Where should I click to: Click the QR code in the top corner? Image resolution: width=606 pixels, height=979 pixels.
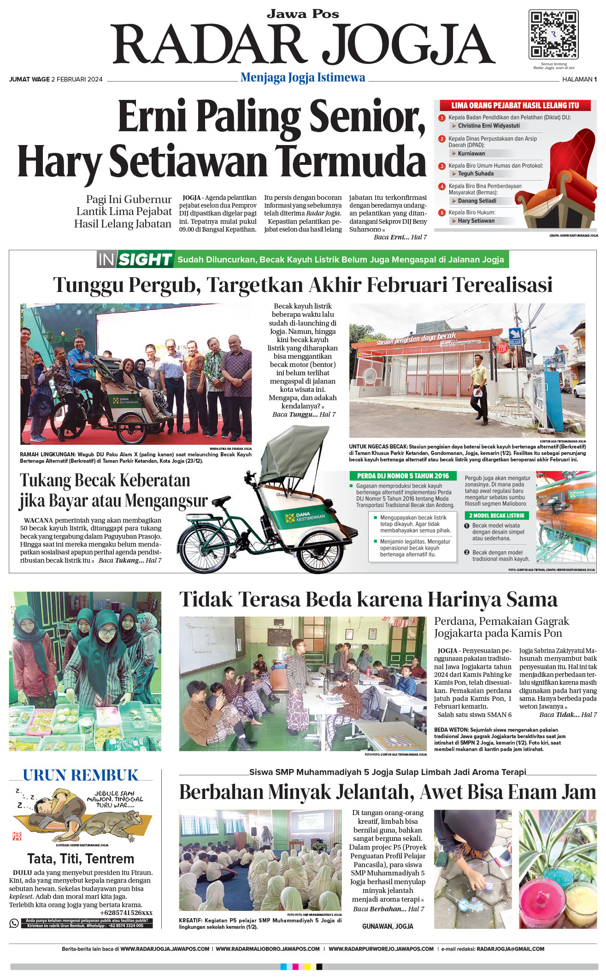pyautogui.click(x=553, y=35)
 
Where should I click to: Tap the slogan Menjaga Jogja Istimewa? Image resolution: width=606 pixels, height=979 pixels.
pyautogui.click(x=303, y=78)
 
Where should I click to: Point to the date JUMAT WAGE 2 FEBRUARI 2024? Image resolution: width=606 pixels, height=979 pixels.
pyautogui.click(x=56, y=79)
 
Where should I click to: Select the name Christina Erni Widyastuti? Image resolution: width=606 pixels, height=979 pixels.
pyautogui.click(x=488, y=126)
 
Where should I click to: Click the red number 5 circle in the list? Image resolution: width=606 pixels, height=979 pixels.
pyautogui.click(x=442, y=213)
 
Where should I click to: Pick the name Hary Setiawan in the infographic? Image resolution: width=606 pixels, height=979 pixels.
pyautogui.click(x=476, y=221)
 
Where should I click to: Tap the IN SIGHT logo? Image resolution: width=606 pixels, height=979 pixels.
pyautogui.click(x=135, y=260)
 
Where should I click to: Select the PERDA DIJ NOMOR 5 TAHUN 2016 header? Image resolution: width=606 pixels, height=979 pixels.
pyautogui.click(x=403, y=476)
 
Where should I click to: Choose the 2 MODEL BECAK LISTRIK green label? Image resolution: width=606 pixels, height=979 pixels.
pyautogui.click(x=497, y=516)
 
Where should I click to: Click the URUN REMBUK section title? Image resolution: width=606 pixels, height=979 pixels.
pyautogui.click(x=81, y=775)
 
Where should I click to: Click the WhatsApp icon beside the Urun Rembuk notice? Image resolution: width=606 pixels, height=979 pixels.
pyautogui.click(x=14, y=923)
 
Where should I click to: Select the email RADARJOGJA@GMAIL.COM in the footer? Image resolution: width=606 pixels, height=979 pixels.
pyautogui.click(x=510, y=949)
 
